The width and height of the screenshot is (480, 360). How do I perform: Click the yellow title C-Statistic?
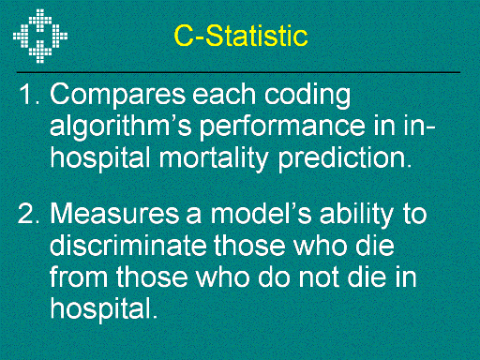pos(241,36)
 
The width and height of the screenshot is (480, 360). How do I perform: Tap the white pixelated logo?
pos(40,36)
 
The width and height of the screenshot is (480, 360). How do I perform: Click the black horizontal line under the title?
pos(238,72)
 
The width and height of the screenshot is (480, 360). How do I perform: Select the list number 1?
pos(29,94)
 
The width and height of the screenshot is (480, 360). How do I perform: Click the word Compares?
pos(118,96)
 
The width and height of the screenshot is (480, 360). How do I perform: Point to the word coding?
pos(307,96)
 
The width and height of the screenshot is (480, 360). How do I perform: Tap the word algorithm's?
pos(121,127)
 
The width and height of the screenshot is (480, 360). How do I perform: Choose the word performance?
pos(282,127)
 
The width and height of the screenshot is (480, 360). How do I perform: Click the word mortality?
pos(214,158)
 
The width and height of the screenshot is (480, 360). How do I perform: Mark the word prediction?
pos(345,158)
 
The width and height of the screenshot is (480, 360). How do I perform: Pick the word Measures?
pos(114,214)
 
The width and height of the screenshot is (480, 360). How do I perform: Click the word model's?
pos(262,213)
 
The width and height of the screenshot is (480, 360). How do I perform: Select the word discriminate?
pos(128,245)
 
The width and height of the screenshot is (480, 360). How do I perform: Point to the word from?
pos(79,277)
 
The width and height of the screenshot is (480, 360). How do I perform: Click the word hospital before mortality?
pos(100,158)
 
